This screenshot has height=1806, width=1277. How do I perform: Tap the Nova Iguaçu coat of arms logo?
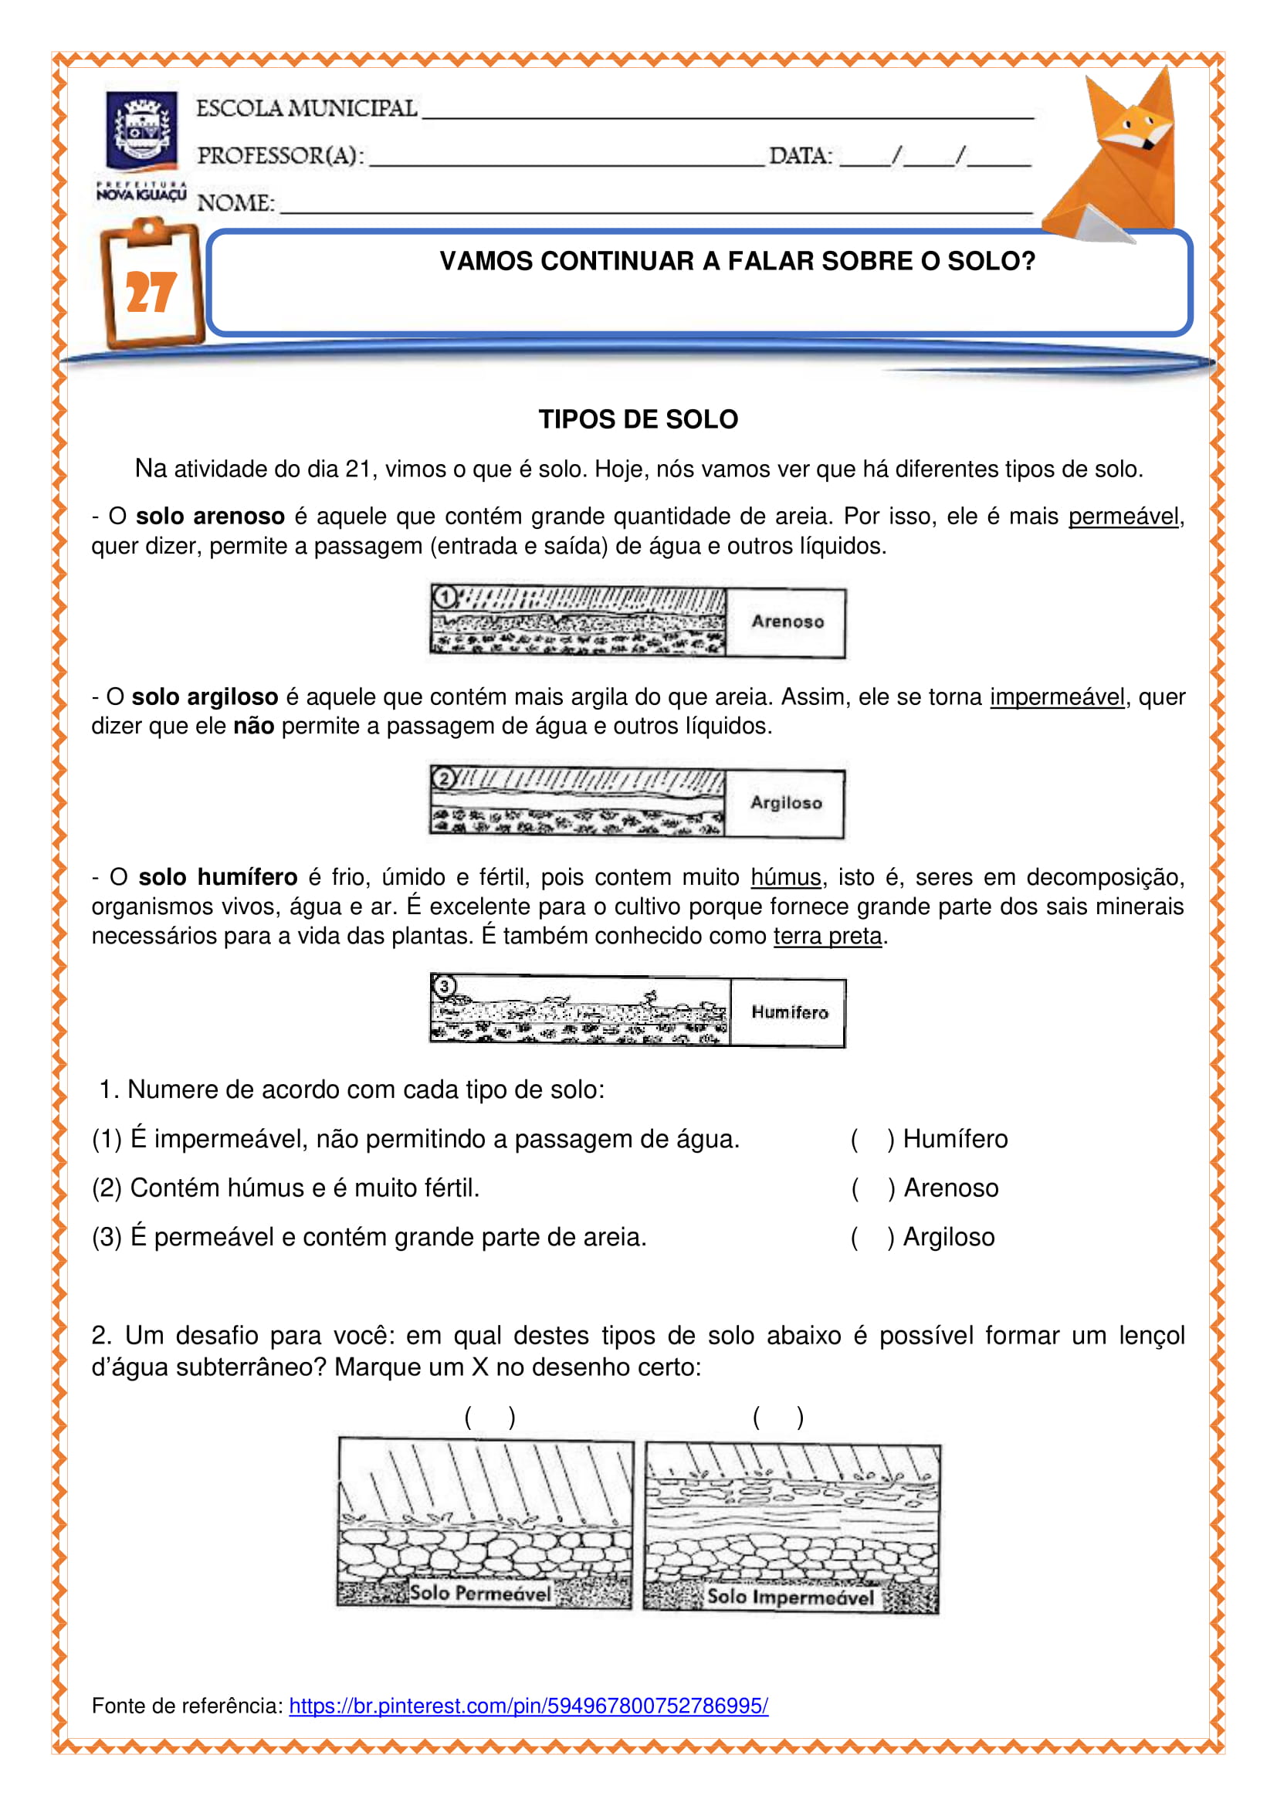tap(141, 131)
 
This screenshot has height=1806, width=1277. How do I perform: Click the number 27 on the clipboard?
tap(151, 293)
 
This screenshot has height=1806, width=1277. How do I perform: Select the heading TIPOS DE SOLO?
tap(638, 419)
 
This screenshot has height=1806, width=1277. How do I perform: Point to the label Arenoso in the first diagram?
tap(787, 622)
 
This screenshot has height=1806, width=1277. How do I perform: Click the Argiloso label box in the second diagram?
tap(785, 802)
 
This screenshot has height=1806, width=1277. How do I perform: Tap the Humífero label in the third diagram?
tap(790, 1012)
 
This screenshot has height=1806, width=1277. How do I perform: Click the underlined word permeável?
tap(1123, 517)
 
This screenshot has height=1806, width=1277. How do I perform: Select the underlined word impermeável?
tap(1057, 697)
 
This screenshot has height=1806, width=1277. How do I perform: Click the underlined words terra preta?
tap(827, 936)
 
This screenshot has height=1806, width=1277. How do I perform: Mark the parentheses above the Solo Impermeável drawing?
tap(777, 1417)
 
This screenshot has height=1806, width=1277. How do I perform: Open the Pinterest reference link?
tap(528, 1706)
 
